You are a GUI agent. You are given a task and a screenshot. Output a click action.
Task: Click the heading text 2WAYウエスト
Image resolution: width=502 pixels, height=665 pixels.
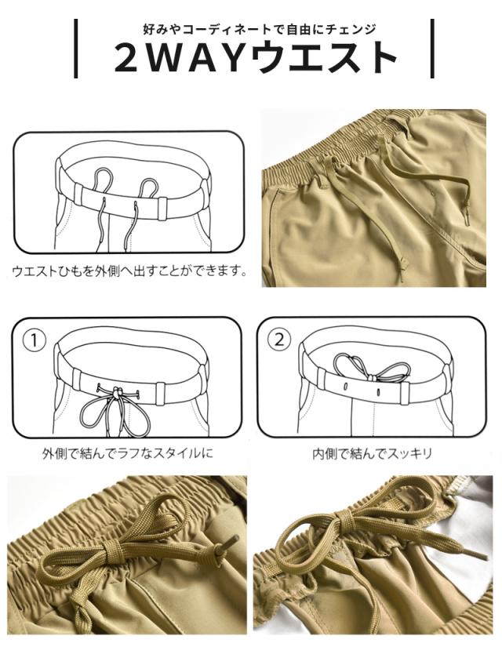256,57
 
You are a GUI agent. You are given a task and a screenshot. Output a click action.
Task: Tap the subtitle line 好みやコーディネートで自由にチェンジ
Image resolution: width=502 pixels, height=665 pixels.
260,29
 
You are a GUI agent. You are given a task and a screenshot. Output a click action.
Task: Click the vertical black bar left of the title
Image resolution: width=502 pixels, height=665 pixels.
75,49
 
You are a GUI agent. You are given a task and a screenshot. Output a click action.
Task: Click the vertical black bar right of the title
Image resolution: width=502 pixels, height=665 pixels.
432,49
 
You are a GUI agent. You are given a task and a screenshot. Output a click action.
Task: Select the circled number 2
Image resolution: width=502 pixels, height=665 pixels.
278,340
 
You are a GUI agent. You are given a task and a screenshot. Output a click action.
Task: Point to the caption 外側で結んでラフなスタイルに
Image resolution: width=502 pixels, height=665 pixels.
128,454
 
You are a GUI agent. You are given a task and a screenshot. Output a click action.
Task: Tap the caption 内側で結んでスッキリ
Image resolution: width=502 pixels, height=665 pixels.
372,454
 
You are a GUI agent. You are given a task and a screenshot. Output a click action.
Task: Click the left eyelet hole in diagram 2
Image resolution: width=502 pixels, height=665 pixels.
345,387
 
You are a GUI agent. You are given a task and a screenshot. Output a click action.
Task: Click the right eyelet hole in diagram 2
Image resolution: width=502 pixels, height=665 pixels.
378,388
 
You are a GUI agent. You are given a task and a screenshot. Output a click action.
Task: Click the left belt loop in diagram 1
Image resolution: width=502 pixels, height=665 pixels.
76,379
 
